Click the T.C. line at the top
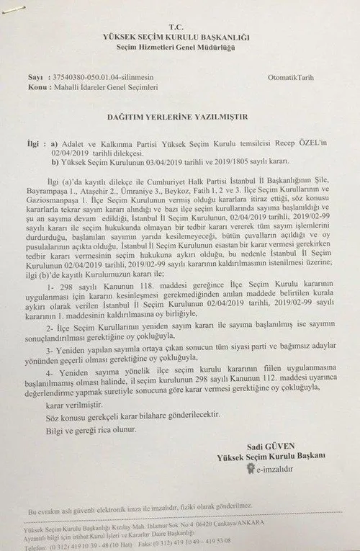(x=180, y=22)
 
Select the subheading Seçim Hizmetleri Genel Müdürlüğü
(x=180, y=46)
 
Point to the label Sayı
(x=34, y=76)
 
